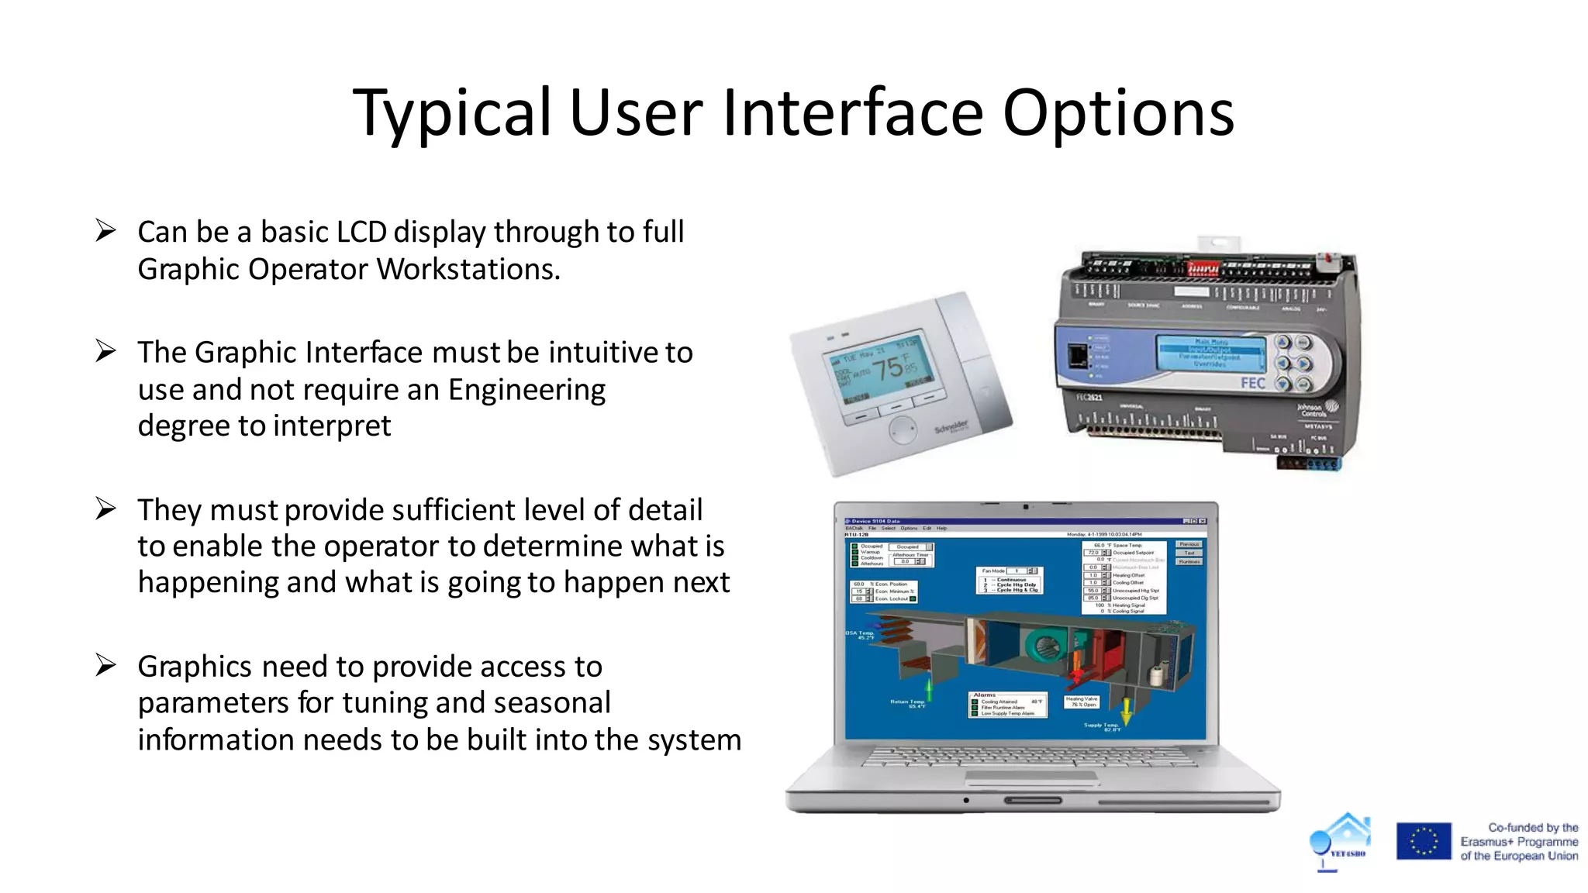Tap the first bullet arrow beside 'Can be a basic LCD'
105,230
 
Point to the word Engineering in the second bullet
526,389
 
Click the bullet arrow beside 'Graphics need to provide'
105,665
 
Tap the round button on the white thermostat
903,430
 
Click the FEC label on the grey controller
1252,384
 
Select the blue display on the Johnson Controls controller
1210,353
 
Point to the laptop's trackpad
1031,777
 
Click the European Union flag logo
1423,841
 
